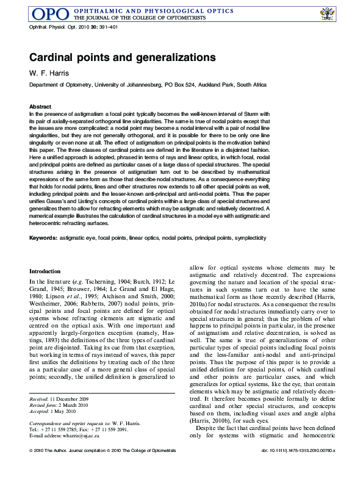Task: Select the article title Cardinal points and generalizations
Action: tap(123, 57)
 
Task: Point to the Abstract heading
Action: tap(40, 107)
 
